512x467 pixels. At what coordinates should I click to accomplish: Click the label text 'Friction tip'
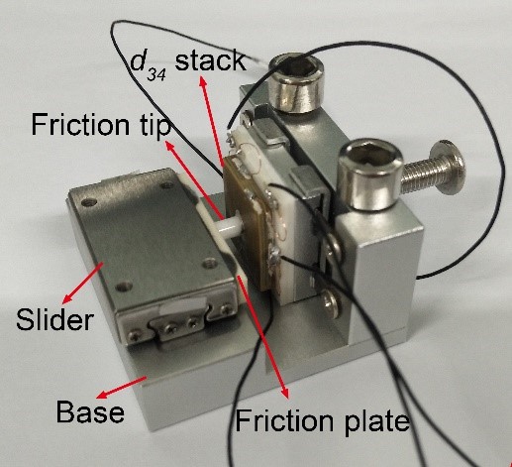[101, 125]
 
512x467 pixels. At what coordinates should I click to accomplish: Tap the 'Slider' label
[55, 319]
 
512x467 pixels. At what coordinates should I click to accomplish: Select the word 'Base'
[90, 411]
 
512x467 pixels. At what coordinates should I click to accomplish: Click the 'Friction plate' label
[322, 420]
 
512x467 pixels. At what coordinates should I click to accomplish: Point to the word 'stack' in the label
[211, 60]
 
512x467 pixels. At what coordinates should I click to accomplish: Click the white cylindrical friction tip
[230, 226]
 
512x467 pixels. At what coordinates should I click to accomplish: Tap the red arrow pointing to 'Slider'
[83, 283]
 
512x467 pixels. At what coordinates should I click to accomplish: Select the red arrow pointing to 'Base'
[121, 388]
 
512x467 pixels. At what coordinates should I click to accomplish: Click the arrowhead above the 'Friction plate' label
[285, 393]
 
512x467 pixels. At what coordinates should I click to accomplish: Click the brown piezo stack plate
[245, 216]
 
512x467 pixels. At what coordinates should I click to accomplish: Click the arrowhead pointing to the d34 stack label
[202, 81]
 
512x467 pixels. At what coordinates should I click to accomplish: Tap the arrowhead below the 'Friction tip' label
[169, 146]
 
